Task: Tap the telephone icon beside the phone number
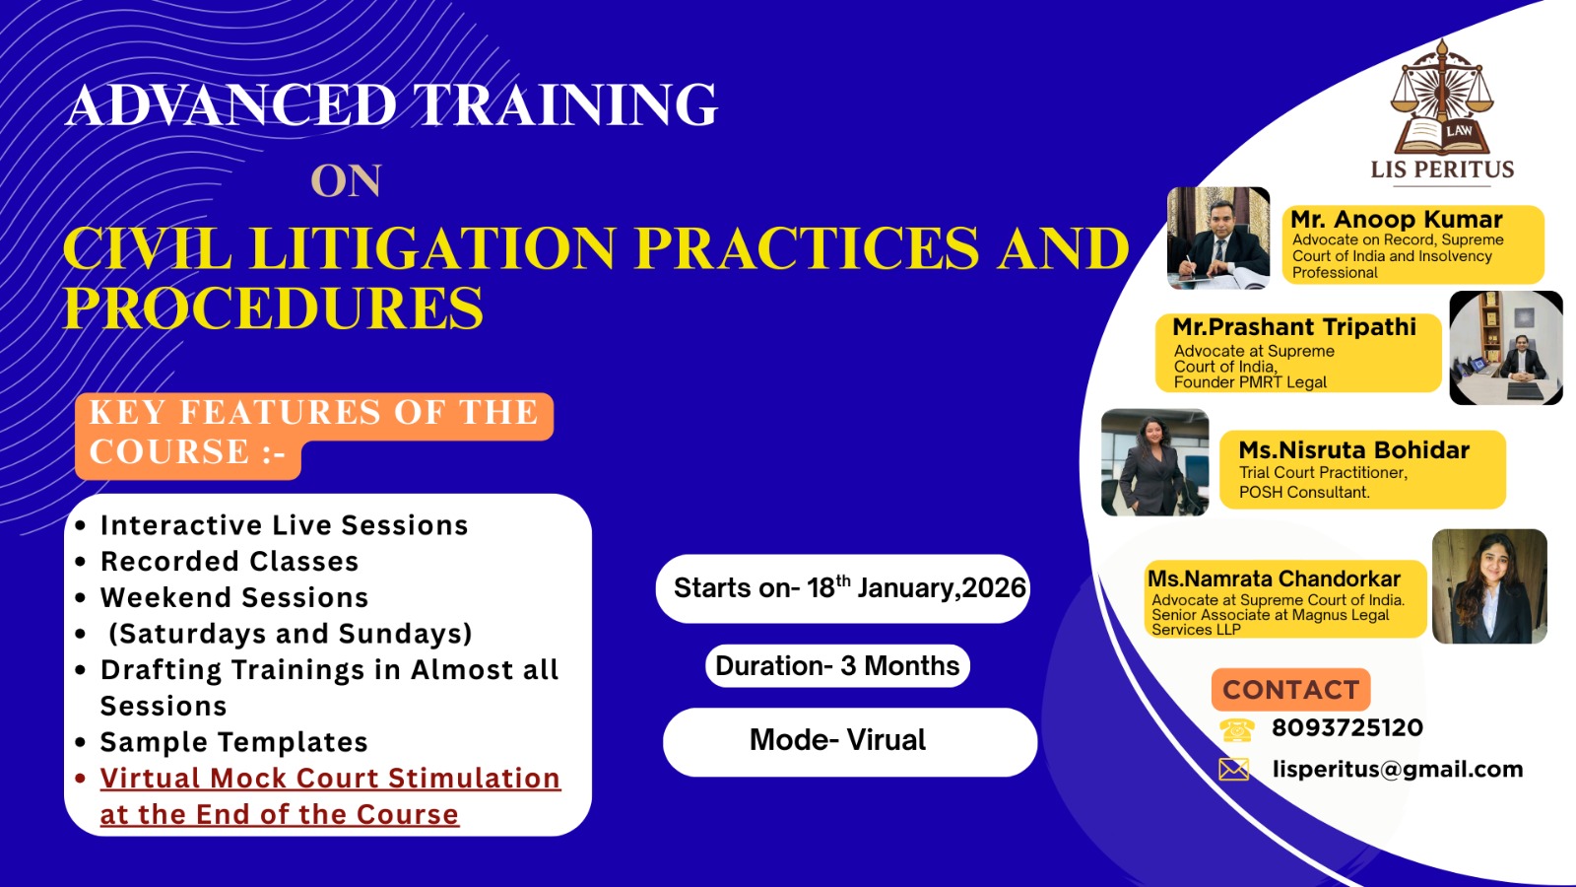point(1237,730)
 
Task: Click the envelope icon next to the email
point(1234,770)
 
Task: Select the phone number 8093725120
point(1347,728)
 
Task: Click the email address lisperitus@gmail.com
point(1398,770)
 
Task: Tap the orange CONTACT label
point(1291,690)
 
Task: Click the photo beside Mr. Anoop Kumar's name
point(1218,238)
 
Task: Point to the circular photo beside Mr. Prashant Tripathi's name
point(1506,348)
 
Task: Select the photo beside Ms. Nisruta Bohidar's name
point(1155,462)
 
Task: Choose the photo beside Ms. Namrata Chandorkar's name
point(1489,586)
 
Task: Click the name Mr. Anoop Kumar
point(1397,219)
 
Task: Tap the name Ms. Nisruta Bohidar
point(1354,449)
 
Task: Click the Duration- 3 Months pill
point(837,666)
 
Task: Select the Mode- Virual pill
point(850,742)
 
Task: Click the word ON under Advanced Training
point(346,181)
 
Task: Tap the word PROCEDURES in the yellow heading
point(274,307)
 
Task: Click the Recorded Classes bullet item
point(230,562)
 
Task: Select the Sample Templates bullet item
point(234,742)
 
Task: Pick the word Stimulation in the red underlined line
point(474,779)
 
